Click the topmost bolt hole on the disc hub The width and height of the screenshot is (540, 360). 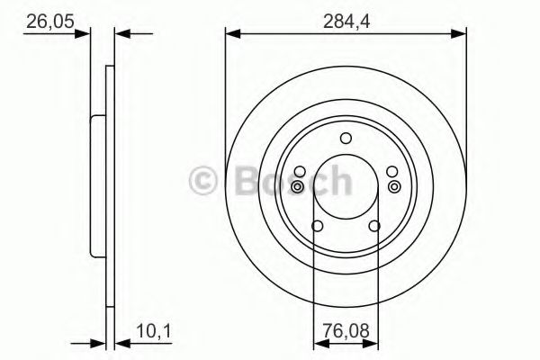click(x=346, y=138)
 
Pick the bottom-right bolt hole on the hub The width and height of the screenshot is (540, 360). click(x=374, y=226)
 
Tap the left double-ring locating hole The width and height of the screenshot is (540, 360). click(x=298, y=186)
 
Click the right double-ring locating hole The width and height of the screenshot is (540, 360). click(x=394, y=186)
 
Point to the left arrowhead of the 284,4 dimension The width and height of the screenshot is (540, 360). click(x=231, y=34)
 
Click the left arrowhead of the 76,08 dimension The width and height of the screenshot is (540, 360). click(x=319, y=343)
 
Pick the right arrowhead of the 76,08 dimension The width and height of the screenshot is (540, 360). click(x=372, y=343)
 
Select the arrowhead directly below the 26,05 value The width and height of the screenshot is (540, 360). click(x=85, y=34)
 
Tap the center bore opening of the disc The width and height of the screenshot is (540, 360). click(x=346, y=189)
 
